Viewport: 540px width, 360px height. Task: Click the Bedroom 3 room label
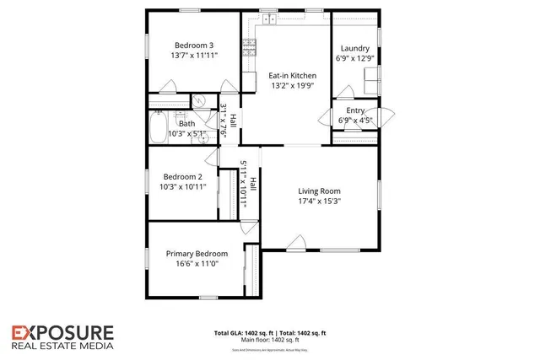click(x=194, y=45)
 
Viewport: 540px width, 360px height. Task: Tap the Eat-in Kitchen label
click(x=287, y=74)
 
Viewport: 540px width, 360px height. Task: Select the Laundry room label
click(x=354, y=49)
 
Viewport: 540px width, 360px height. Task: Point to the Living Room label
click(x=319, y=191)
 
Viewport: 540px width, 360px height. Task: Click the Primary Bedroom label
click(x=196, y=254)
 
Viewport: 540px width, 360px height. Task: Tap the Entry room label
click(x=355, y=110)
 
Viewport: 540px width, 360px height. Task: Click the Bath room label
click(x=186, y=123)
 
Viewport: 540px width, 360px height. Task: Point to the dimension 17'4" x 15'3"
click(x=319, y=201)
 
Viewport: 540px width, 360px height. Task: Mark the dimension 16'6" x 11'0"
click(x=196, y=264)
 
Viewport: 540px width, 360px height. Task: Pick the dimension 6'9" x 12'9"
click(x=354, y=59)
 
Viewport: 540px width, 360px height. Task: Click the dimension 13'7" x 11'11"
click(x=194, y=55)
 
